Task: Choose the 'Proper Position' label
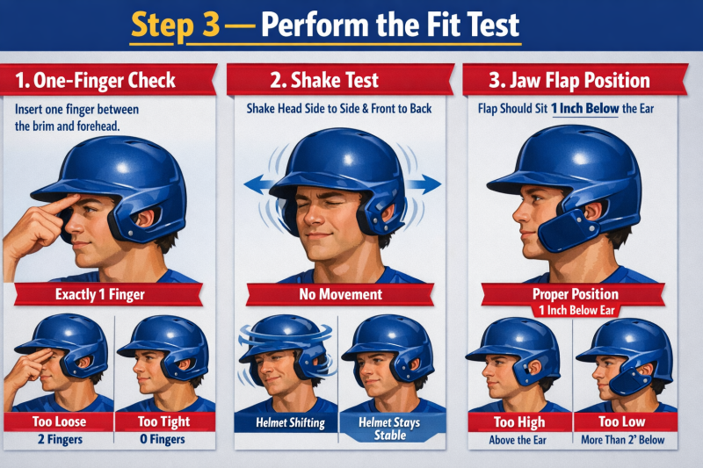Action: [x=576, y=294]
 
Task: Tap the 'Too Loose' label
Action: [x=60, y=421]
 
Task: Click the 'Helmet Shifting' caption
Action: [x=289, y=423]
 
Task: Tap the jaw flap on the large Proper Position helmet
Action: [x=560, y=231]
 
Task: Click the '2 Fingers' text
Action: [x=60, y=440]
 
